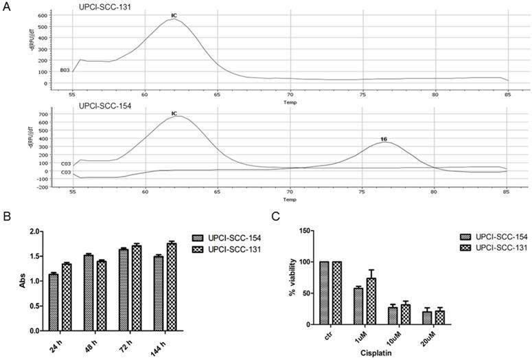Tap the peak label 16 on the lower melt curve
(x=384, y=139)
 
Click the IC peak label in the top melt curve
(x=174, y=15)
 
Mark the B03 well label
(x=65, y=70)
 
